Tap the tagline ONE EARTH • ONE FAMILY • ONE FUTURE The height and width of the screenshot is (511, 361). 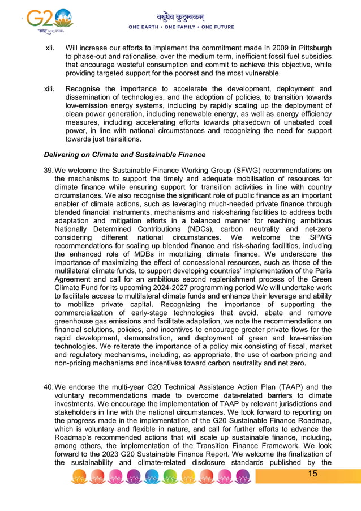click(181, 27)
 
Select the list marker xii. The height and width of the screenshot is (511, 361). click(50, 48)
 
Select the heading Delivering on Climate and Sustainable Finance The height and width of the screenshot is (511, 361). click(124, 155)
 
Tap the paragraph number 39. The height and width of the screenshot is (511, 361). click(48, 171)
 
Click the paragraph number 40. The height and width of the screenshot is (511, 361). click(48, 387)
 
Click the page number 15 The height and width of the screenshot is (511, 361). click(312, 474)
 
